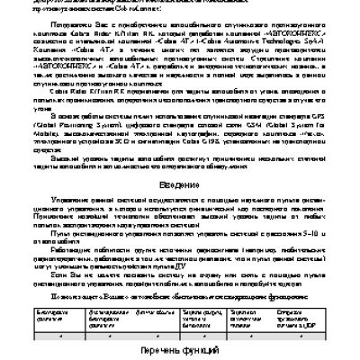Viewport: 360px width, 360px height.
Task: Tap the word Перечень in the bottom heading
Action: coord(159,348)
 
